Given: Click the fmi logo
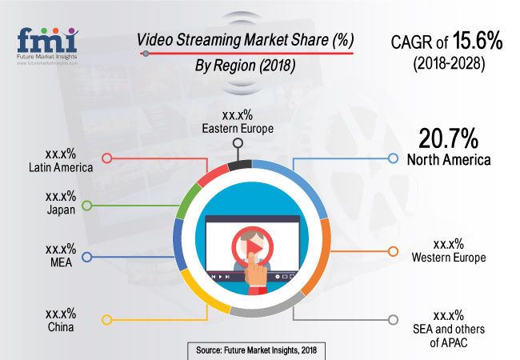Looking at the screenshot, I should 46,42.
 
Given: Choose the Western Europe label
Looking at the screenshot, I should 449,257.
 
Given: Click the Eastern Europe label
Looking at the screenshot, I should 238,127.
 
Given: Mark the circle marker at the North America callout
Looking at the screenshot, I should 392,158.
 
